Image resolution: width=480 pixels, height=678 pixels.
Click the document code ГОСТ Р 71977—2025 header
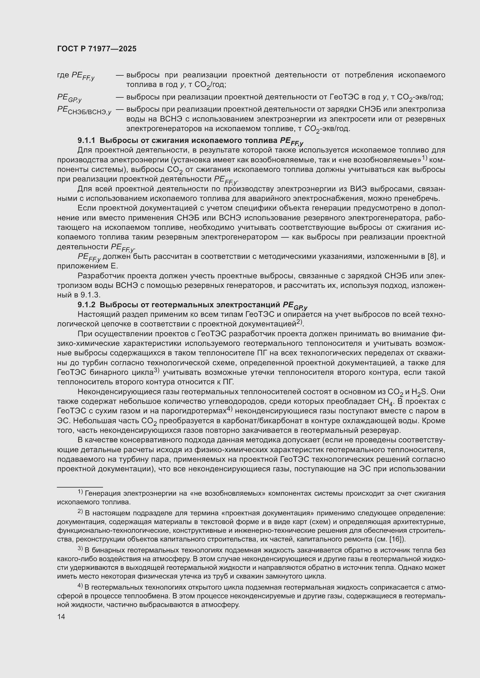(97, 49)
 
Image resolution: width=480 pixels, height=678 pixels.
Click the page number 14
(61, 617)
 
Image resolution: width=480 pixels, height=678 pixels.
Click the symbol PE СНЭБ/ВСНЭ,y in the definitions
(84, 110)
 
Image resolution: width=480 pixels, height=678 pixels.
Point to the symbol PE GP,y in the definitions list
(69, 97)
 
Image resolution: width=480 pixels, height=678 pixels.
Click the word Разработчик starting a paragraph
(100, 275)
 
